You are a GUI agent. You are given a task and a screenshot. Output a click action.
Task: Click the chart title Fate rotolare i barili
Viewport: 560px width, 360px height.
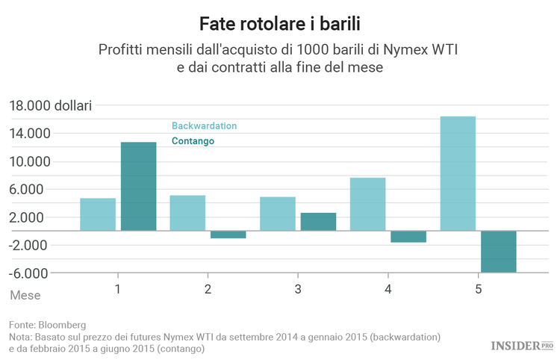click(280, 23)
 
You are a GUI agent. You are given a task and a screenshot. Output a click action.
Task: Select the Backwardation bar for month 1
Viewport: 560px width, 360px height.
click(98, 214)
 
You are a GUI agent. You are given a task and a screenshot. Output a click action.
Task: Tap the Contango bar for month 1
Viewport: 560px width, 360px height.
click(139, 186)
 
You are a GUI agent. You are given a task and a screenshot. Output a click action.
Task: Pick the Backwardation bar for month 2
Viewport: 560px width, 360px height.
click(187, 213)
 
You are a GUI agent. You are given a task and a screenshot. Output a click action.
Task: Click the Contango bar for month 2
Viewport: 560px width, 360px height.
click(228, 235)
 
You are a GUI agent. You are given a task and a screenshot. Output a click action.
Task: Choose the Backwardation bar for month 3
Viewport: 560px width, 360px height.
click(278, 214)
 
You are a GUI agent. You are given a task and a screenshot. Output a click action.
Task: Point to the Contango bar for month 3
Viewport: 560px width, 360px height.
click(318, 222)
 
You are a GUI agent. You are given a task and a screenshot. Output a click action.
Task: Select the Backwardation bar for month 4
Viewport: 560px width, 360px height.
click(367, 204)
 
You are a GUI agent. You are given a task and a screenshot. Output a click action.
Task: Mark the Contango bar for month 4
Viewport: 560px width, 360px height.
click(408, 237)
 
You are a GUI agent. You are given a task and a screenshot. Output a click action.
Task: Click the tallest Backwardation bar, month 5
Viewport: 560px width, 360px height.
click(458, 173)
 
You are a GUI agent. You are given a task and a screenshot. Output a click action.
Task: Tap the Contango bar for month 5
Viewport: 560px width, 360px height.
click(498, 252)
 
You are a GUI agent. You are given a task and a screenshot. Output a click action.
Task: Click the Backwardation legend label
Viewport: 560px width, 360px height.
click(204, 125)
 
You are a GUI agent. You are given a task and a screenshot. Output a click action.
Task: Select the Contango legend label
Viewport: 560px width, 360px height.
click(193, 140)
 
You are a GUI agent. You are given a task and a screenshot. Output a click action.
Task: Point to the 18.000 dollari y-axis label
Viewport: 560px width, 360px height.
click(49, 105)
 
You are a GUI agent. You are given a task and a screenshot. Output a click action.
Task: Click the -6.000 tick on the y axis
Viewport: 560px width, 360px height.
click(29, 273)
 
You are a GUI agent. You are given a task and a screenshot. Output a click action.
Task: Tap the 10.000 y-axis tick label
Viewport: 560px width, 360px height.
click(29, 161)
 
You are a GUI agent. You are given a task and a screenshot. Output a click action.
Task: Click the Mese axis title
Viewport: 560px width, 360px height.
click(25, 295)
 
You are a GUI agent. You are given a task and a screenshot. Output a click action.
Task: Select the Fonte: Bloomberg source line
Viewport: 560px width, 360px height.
click(48, 325)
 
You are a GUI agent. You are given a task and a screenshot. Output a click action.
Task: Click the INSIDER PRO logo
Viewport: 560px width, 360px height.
click(520, 345)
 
